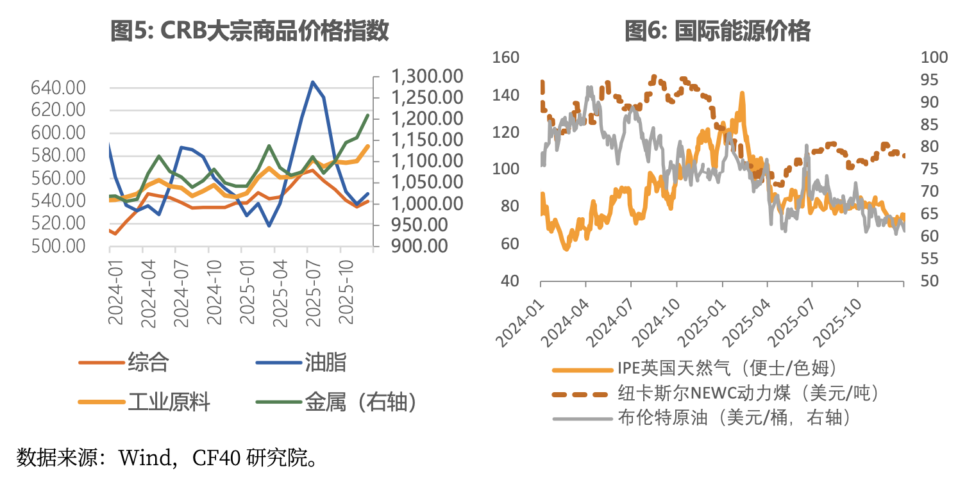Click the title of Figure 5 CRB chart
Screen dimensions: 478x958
click(x=250, y=30)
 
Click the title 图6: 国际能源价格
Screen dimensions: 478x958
click(x=718, y=30)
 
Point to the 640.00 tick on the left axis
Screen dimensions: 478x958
click(x=58, y=88)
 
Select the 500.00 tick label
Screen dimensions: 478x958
click(x=58, y=246)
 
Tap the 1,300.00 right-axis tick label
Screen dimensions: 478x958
click(x=427, y=77)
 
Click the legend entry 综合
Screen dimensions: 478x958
click(x=147, y=363)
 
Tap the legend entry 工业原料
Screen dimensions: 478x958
click(x=169, y=402)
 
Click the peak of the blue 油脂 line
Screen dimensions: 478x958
click(x=312, y=82)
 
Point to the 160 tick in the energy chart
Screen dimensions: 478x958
click(x=505, y=58)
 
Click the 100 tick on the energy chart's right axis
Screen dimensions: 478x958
click(x=934, y=58)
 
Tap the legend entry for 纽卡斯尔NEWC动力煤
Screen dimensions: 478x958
click(x=747, y=393)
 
